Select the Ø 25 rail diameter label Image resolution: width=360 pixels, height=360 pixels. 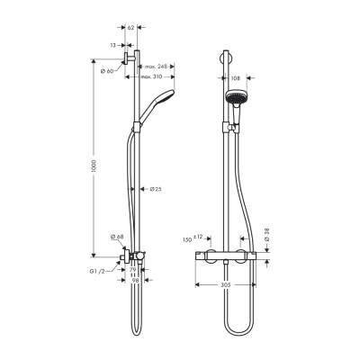[x=155, y=189]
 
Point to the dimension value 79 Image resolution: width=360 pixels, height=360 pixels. [x=131, y=270]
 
